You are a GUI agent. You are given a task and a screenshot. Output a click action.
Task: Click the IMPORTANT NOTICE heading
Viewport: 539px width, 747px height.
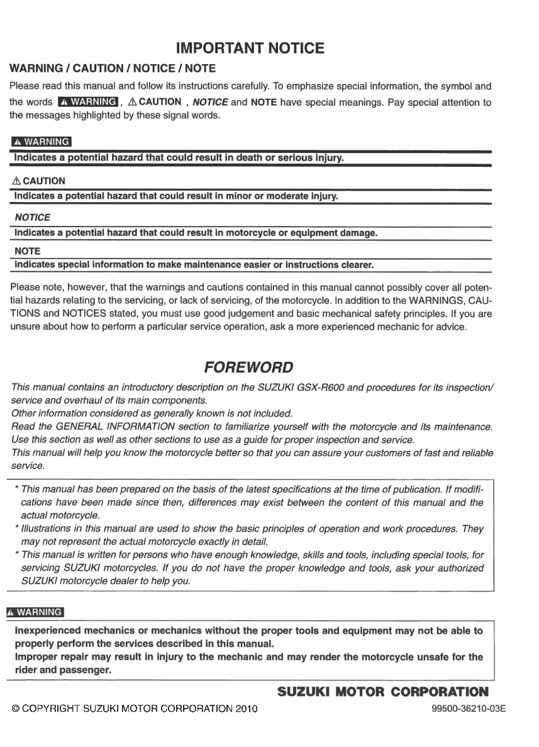pyautogui.click(x=250, y=48)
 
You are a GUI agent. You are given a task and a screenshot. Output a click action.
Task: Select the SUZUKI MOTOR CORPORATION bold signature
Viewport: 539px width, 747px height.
pyautogui.click(x=382, y=692)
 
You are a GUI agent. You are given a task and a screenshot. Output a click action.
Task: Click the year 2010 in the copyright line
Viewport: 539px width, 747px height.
pyautogui.click(x=246, y=709)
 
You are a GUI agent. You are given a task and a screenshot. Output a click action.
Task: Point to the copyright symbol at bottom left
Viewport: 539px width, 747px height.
pyautogui.click(x=16, y=709)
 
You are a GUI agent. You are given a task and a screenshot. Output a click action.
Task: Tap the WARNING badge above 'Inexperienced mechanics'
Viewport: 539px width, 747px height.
pyautogui.click(x=35, y=612)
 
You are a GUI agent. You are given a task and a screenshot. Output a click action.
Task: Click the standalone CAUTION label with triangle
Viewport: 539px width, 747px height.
pyautogui.click(x=38, y=181)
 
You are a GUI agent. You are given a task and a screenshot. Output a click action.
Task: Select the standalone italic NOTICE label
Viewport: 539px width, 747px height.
pyautogui.click(x=32, y=217)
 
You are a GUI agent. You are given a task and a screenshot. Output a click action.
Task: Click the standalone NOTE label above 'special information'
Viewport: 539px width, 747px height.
pyautogui.click(x=27, y=251)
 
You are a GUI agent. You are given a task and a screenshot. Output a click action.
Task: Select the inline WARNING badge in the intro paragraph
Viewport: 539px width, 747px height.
pyautogui.click(x=87, y=102)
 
